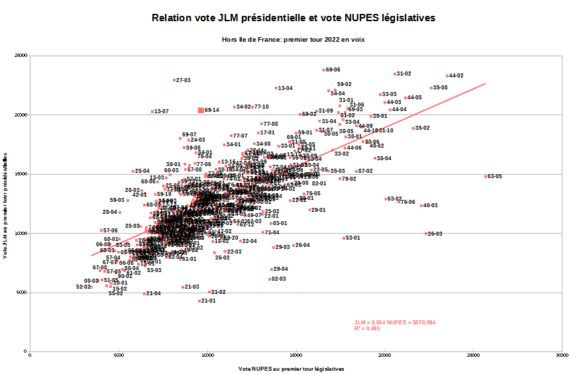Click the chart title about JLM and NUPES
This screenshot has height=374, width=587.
click(293, 18)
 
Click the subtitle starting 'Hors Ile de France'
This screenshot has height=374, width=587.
click(293, 40)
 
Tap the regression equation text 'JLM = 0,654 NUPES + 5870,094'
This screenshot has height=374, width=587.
click(395, 322)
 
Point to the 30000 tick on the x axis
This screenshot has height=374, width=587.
click(562, 356)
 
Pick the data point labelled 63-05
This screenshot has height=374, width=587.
click(486, 176)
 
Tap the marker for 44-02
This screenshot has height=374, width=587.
click(448, 76)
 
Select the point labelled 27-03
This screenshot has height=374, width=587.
click(174, 80)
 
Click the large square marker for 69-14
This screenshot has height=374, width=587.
click(201, 111)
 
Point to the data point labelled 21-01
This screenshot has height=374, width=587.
click(199, 301)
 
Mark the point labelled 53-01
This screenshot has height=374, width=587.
click(344, 238)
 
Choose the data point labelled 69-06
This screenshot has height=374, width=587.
click(324, 70)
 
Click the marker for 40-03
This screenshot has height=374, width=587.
click(421, 206)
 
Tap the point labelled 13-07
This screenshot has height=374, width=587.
click(152, 112)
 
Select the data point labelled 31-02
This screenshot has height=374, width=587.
click(395, 74)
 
